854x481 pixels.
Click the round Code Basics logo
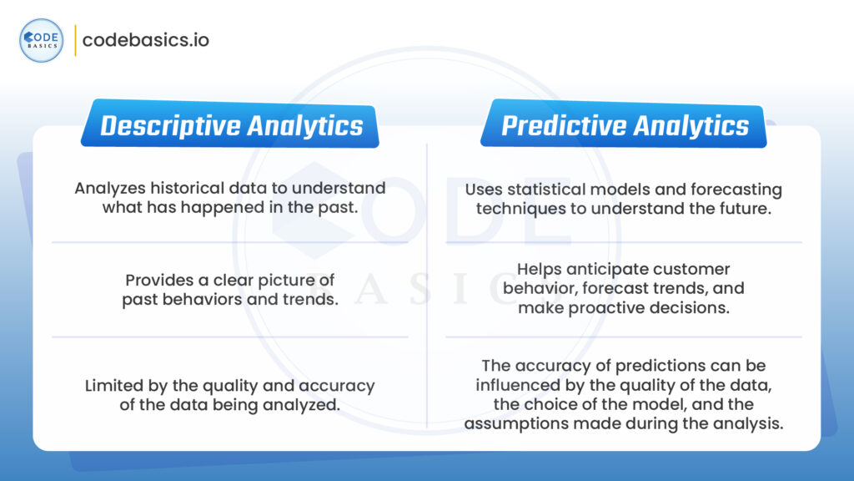(41, 40)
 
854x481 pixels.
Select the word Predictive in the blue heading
(560, 125)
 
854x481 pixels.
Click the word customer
(696, 270)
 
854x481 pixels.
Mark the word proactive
(595, 307)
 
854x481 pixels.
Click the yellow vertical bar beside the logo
(75, 40)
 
